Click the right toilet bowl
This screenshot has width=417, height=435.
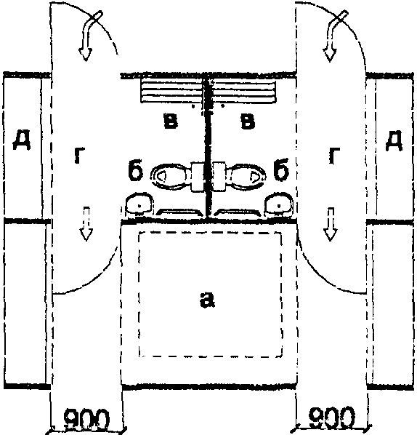click(246, 177)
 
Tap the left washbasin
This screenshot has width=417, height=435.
click(139, 204)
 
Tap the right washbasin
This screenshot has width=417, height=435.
click(279, 204)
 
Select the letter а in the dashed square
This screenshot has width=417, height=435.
click(207, 300)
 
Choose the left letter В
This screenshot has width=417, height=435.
click(171, 121)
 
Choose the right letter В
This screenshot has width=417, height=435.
click(248, 121)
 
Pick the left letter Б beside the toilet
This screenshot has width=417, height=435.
click(136, 169)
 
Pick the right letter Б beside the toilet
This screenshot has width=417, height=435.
click(281, 169)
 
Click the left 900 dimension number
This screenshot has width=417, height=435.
click(86, 419)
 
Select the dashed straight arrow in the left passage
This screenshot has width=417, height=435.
click(86, 223)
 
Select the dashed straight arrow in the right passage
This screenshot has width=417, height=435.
click(330, 223)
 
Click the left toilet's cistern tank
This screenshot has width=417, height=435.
click(198, 177)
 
